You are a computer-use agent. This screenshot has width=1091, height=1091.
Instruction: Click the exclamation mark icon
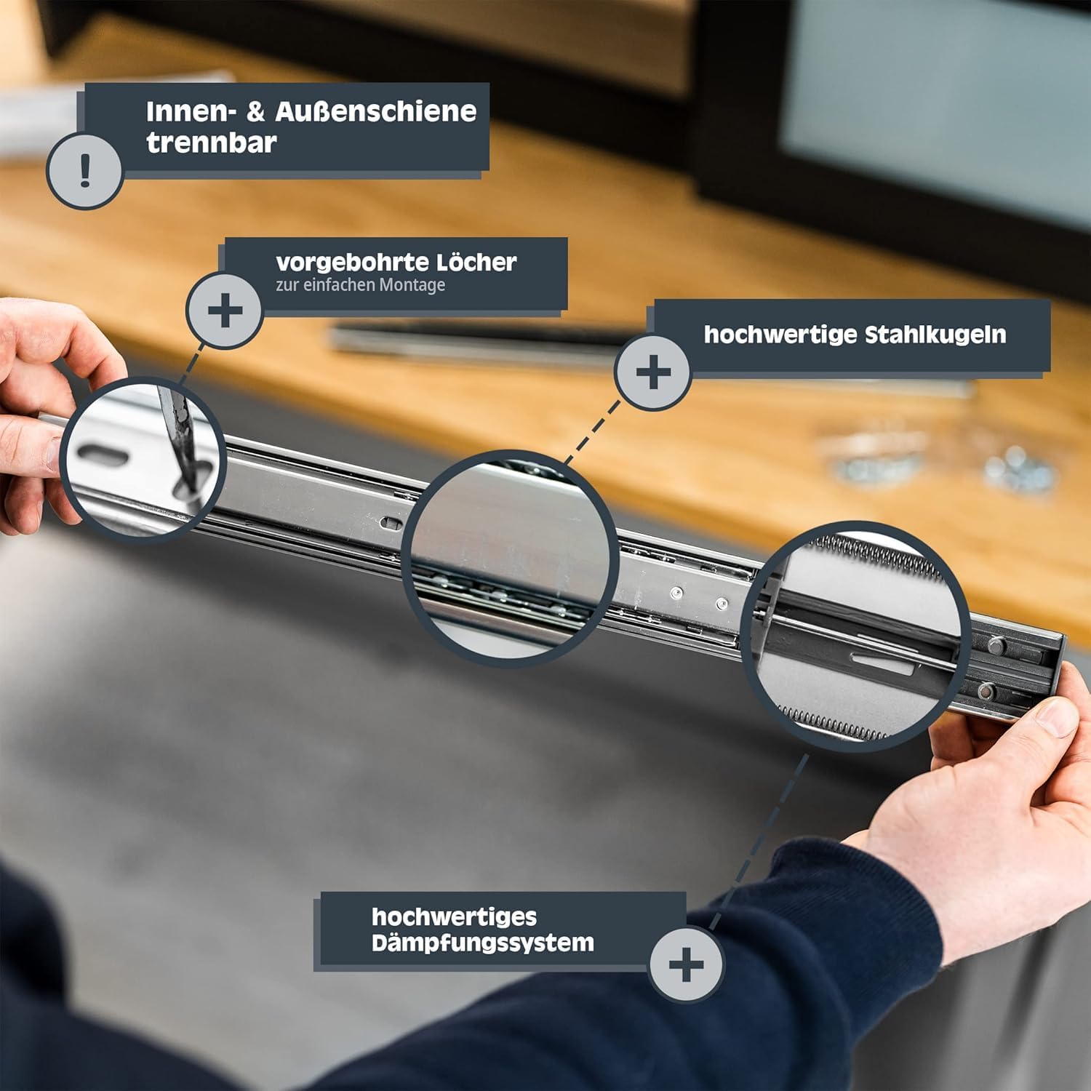pyautogui.click(x=85, y=172)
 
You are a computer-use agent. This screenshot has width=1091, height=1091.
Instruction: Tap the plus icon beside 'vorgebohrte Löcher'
pyautogui.click(x=225, y=311)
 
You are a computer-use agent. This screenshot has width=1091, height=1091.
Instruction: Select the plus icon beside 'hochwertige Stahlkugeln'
pyautogui.click(x=653, y=372)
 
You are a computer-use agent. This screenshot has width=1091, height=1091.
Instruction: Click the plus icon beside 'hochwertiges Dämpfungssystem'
pyautogui.click(x=686, y=964)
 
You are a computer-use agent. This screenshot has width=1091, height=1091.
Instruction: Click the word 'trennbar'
pyautogui.click(x=211, y=142)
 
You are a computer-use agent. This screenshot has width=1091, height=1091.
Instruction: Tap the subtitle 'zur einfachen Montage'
pyautogui.click(x=360, y=284)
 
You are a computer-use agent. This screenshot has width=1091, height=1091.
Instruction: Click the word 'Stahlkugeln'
pyautogui.click(x=935, y=335)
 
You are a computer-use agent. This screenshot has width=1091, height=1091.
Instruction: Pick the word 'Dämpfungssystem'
pyautogui.click(x=482, y=943)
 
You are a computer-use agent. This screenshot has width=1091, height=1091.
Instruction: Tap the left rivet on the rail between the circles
pyautogui.click(x=676, y=593)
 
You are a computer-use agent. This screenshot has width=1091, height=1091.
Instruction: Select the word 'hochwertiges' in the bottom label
pyautogui.click(x=454, y=917)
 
